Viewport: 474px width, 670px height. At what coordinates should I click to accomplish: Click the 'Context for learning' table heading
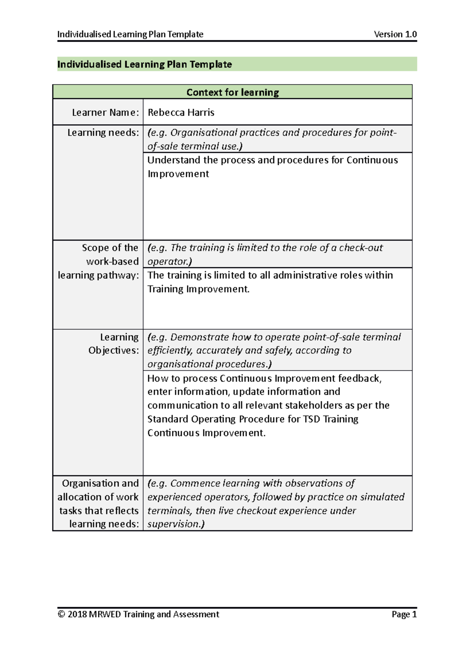pos(233,92)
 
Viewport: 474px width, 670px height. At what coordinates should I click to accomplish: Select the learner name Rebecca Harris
pos(181,112)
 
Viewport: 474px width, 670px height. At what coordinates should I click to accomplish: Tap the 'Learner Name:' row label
pos(105,112)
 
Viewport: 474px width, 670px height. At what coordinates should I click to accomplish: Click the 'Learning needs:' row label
pos(103,133)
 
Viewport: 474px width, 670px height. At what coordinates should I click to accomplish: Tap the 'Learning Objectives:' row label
pos(114,344)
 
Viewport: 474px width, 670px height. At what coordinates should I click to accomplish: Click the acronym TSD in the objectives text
pos(311,419)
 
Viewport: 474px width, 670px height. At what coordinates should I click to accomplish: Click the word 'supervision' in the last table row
pos(174,524)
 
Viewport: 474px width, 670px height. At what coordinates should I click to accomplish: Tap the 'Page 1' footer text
pos(404,614)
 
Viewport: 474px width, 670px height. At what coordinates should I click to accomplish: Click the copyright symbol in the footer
pos(61,614)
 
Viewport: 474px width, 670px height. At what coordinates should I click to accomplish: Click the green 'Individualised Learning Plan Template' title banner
pos(145,64)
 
